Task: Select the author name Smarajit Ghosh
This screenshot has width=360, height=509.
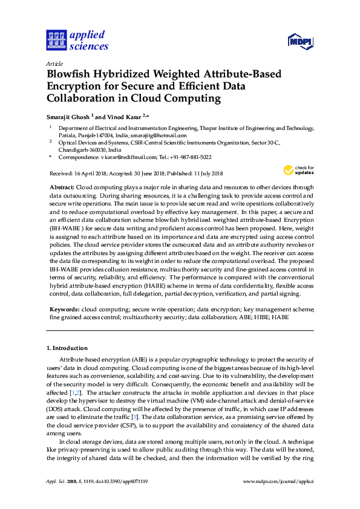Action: (x=68, y=117)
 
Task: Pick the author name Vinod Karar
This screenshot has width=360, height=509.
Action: (x=124, y=117)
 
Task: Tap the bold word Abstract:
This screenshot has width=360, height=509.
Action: (x=62, y=188)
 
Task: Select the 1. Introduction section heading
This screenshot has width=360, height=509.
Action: (x=67, y=348)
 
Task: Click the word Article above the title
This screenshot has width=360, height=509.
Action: (x=54, y=63)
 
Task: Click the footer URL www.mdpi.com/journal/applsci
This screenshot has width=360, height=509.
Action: (x=278, y=482)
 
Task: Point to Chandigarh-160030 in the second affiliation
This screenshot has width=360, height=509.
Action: (x=82, y=149)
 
